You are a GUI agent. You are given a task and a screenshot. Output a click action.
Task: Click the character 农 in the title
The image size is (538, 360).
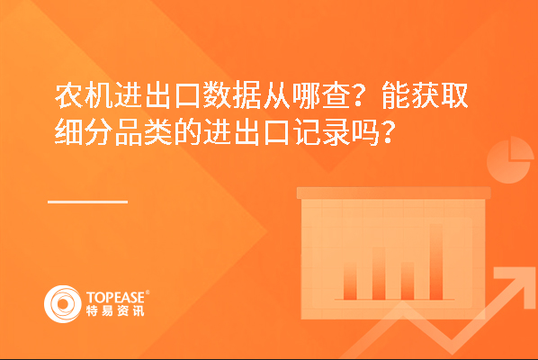click(68, 95)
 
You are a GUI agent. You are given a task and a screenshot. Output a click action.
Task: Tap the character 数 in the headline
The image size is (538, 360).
click(217, 95)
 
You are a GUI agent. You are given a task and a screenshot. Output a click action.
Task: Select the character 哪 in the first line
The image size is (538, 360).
click(306, 95)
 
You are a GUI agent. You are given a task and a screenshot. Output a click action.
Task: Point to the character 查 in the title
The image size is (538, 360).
click(336, 95)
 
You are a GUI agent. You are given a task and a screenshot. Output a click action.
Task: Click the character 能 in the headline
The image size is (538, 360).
click(395, 95)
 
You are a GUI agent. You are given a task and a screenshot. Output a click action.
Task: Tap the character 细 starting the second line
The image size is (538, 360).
click(68, 132)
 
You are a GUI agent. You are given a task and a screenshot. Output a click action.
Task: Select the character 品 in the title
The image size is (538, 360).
click(128, 132)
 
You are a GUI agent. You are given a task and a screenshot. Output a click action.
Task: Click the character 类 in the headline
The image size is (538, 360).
click(157, 132)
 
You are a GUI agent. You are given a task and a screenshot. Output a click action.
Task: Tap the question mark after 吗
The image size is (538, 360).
click(389, 132)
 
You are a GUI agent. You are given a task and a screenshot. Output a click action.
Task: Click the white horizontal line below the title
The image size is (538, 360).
click(88, 202)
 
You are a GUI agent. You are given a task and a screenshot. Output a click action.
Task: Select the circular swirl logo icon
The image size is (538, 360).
click(63, 304)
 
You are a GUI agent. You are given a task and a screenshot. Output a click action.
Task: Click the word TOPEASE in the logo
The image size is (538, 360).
click(116, 298)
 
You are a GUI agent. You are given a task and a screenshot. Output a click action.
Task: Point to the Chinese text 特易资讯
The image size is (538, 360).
click(115, 310)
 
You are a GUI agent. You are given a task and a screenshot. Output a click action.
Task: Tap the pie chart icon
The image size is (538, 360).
click(510, 160)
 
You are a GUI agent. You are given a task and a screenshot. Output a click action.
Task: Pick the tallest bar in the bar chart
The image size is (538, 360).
click(436, 262)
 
